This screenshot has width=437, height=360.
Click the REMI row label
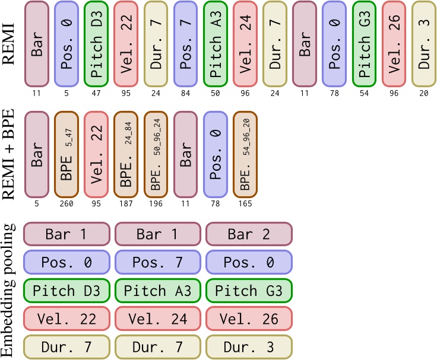[x=10, y=44]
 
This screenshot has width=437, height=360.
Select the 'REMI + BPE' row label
[x=10, y=155]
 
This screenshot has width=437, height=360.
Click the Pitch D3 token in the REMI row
[x=96, y=44]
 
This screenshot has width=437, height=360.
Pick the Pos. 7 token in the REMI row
[x=185, y=44]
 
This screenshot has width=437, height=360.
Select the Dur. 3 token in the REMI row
[x=423, y=44]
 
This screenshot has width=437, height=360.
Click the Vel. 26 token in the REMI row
[x=394, y=44]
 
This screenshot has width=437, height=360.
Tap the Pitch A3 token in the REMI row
[x=215, y=44]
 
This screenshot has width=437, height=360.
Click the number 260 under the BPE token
[x=66, y=203]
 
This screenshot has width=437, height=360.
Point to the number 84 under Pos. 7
[x=185, y=93]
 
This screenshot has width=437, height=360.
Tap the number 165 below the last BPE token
[x=245, y=203]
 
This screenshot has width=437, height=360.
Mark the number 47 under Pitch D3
[x=96, y=93]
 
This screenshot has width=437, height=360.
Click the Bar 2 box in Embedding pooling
[x=249, y=234]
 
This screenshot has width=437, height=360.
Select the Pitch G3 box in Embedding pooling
[x=249, y=291]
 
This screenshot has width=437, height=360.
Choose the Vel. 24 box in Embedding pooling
[x=157, y=319]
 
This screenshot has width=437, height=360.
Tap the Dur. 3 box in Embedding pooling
[x=249, y=347]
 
